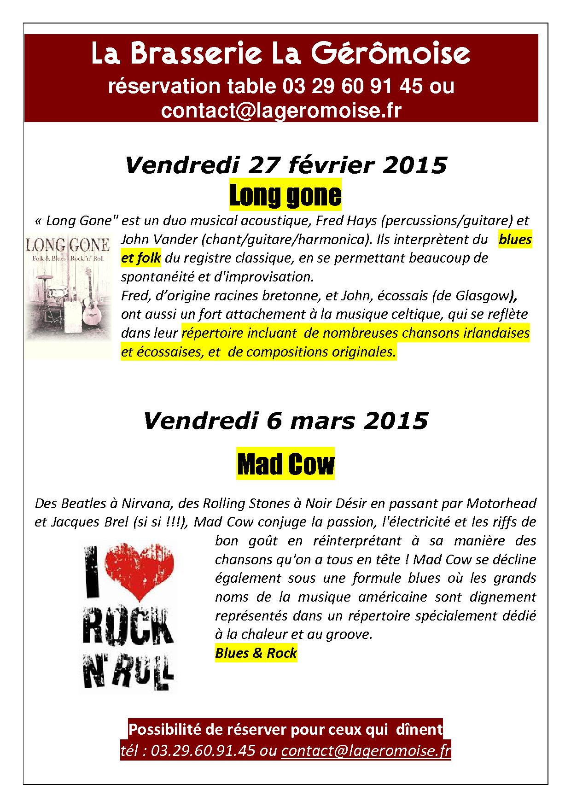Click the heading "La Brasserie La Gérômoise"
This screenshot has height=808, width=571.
(280, 54)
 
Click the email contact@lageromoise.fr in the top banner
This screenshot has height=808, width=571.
(280, 111)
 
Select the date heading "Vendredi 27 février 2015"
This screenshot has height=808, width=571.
(285, 165)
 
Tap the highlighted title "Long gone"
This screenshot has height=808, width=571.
(285, 195)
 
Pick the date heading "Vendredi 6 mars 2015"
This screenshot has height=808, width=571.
(285, 421)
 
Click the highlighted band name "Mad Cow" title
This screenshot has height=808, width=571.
(285, 464)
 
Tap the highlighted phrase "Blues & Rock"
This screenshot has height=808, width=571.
(256, 653)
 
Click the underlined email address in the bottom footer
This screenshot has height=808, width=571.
(366, 750)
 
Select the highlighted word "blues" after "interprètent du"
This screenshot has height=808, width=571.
(515, 240)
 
